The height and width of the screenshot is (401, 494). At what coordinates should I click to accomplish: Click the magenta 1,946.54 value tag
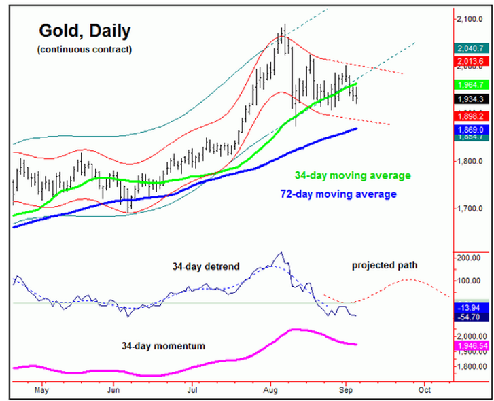coord(470,346)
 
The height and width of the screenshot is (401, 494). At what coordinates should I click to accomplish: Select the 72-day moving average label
coord(338,194)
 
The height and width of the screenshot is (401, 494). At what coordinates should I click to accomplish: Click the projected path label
coord(385,265)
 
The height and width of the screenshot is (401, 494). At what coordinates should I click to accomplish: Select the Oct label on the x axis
coord(425,391)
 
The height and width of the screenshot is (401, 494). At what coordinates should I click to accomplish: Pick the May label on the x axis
coord(42,391)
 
